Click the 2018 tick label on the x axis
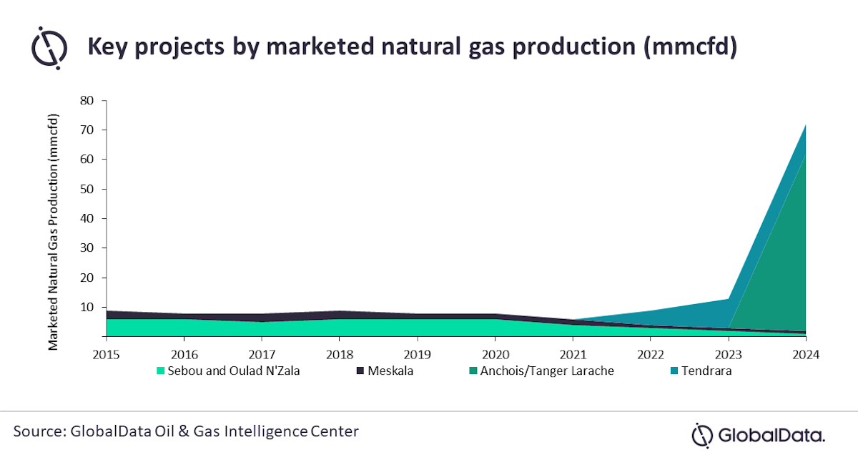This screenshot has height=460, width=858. [340, 353]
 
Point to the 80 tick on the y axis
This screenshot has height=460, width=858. [87, 101]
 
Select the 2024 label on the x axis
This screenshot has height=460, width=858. [806, 353]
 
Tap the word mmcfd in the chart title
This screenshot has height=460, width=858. [689, 47]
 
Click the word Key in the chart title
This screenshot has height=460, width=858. [109, 47]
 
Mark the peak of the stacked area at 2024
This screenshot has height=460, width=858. [806, 124]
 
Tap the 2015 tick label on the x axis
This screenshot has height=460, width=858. [105, 353]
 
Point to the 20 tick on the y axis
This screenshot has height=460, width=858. [87, 278]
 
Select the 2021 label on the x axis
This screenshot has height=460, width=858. [573, 353]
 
